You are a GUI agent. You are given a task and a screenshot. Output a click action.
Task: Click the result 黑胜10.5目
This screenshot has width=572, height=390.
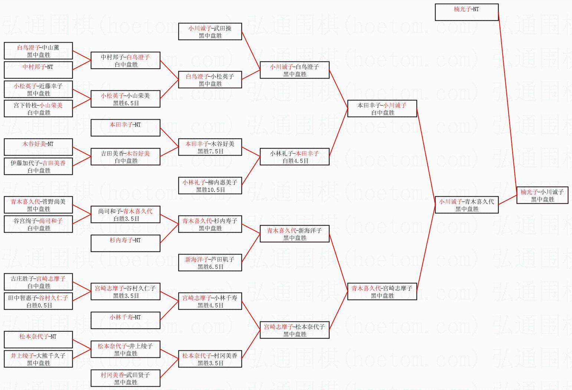point(210,190)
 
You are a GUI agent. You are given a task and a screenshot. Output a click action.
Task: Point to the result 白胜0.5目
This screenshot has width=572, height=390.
point(39,306)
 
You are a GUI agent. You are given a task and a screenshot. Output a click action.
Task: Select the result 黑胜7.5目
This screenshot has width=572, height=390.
point(210,151)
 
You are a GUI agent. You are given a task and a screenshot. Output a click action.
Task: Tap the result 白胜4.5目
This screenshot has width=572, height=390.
point(295,161)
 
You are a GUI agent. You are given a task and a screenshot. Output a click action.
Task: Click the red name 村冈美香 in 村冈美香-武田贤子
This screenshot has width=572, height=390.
point(112,375)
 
